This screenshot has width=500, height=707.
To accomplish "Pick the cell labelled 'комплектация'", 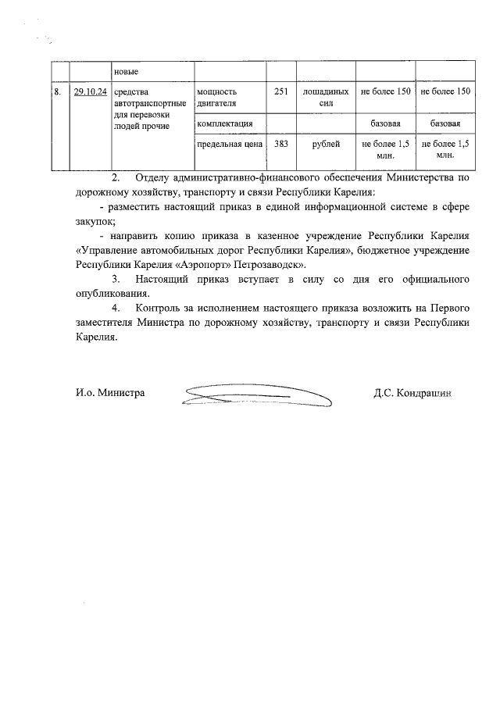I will tap(224, 123).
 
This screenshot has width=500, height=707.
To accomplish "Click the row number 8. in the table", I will tap(57, 92).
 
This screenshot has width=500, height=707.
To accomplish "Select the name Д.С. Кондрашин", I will tap(412, 394).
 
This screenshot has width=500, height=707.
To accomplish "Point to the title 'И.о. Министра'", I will tap(110, 394).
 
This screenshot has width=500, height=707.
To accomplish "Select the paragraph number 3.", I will tap(116, 279).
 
